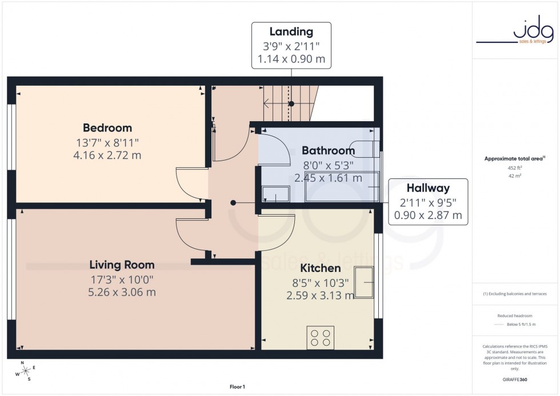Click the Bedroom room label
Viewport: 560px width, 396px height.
pos(107,128)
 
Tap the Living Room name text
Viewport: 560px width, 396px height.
pos(122,265)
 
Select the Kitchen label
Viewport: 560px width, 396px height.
pos(321,268)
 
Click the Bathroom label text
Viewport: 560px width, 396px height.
pos(328,151)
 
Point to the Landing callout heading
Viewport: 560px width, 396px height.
pos(291,32)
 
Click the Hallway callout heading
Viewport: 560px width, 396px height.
pos(428,188)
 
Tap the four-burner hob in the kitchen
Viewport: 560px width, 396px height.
pos(321,338)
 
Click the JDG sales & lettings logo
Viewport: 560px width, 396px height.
pos(515,31)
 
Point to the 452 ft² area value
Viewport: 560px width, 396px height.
pos(515,168)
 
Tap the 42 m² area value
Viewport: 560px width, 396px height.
pos(515,176)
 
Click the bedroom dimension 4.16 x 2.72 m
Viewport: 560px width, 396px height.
pos(107,155)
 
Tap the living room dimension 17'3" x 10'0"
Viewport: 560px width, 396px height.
pos(122,279)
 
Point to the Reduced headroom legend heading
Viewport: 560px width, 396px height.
pos(515,315)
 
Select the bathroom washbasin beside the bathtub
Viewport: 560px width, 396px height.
pos(275,195)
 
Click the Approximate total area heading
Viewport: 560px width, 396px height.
pos(515,158)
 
